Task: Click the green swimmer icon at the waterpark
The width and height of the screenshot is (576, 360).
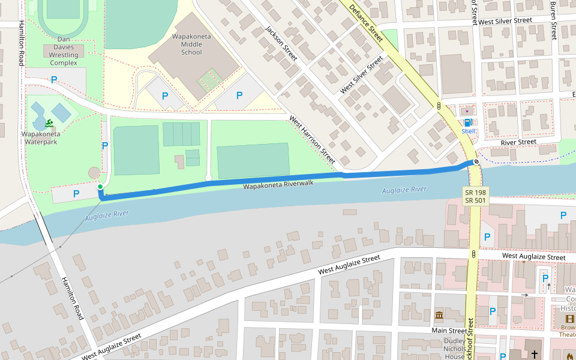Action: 48,124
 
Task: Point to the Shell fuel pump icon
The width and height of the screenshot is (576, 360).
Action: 467,122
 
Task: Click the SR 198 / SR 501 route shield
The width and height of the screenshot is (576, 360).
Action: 475,196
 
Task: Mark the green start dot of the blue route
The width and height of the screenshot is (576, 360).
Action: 100,188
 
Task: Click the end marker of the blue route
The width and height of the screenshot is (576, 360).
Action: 476,161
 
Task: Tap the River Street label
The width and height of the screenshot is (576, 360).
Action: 518,142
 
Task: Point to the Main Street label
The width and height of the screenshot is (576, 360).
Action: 449,331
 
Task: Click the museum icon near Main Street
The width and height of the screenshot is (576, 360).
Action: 439,316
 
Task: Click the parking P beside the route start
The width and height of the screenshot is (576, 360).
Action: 76,194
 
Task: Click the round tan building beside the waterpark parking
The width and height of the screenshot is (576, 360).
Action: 94,173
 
